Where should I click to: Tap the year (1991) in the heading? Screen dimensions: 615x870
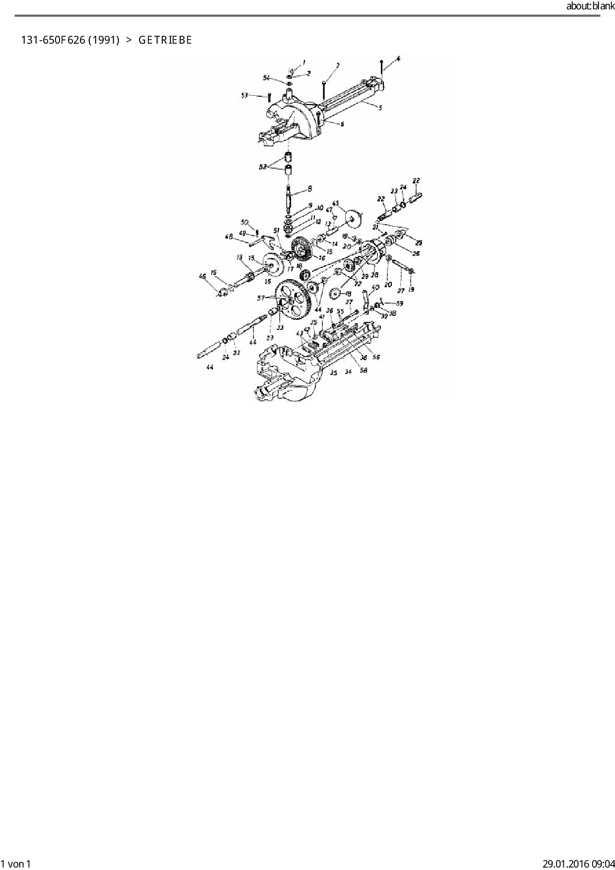tap(104, 40)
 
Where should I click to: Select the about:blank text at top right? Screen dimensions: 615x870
tap(590, 6)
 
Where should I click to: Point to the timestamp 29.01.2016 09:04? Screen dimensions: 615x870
tap(578, 864)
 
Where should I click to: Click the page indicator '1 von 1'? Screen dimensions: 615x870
tap(16, 864)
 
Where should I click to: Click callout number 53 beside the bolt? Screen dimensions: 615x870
tap(245, 95)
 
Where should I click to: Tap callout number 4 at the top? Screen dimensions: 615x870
tap(398, 59)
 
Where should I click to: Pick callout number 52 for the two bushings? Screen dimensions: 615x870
tap(262, 167)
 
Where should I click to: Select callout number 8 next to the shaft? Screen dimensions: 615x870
tap(310, 188)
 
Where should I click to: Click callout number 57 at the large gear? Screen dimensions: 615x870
tap(261, 298)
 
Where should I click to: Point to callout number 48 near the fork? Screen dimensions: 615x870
tap(229, 237)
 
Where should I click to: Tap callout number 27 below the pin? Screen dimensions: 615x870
tap(401, 291)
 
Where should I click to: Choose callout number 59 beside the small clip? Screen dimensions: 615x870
tap(399, 303)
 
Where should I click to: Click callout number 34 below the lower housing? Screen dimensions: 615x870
tap(348, 372)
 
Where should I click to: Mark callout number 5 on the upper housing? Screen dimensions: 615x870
tap(380, 107)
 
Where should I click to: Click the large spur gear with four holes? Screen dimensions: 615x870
tap(293, 300)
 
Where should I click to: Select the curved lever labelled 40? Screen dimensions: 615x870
tap(367, 300)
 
